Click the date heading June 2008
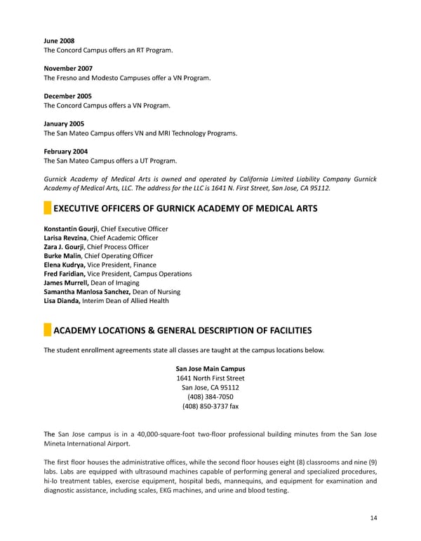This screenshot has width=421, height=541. (x=59, y=41)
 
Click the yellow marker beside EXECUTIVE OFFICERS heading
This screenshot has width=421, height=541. (x=47, y=208)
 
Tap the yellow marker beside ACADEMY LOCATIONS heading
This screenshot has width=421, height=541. (x=47, y=330)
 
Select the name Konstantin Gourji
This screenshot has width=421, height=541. (x=71, y=229)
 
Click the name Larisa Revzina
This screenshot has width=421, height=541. (x=65, y=238)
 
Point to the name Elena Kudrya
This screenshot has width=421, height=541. (x=65, y=265)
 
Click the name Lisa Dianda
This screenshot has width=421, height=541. (x=62, y=301)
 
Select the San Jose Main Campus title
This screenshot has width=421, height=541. (x=210, y=369)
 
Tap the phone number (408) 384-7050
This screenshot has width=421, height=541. (x=210, y=396)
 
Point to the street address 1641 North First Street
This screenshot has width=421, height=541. (x=210, y=378)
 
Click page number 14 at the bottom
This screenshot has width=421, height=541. (x=372, y=518)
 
